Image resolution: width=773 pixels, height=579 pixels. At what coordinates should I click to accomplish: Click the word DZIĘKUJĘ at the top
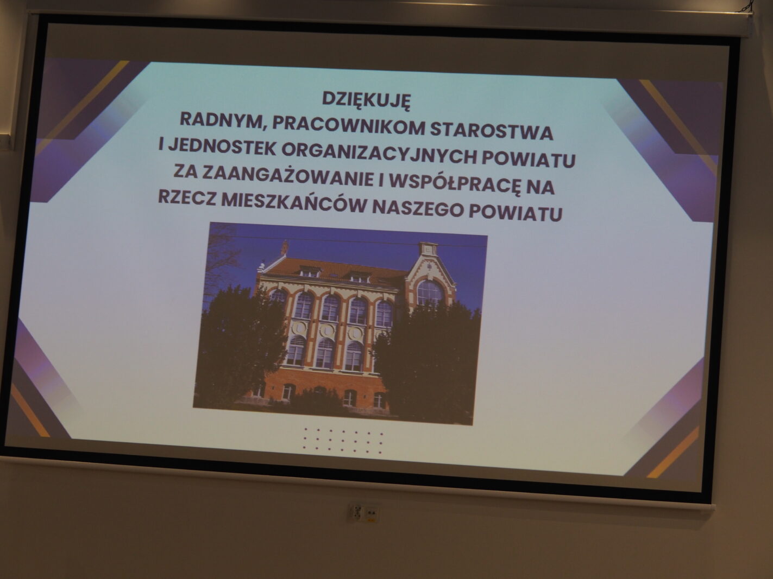click(x=366, y=100)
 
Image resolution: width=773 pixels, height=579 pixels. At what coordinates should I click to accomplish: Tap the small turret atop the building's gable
click(x=428, y=249)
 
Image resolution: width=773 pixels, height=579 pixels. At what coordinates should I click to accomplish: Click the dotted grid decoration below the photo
click(x=343, y=441)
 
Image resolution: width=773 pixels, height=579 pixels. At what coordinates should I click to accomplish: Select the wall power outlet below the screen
click(x=363, y=512)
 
